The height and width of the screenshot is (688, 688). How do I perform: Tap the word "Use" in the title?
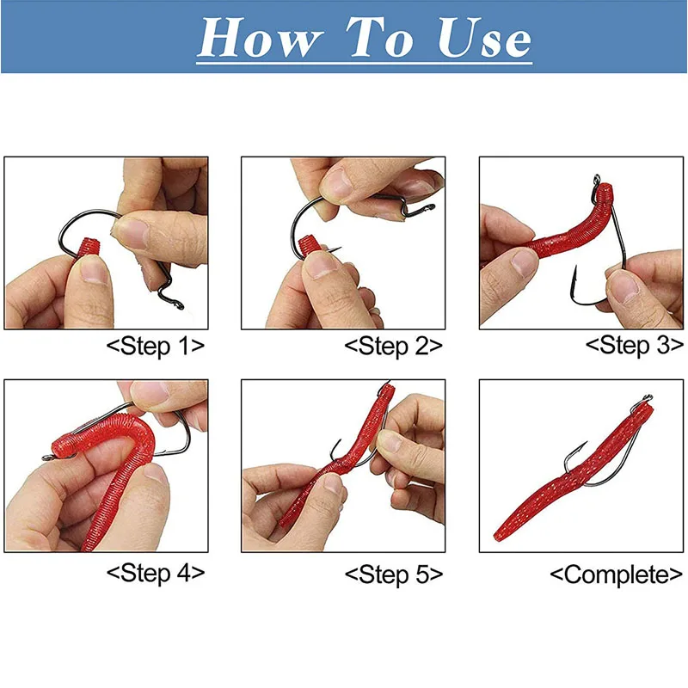tap(484, 38)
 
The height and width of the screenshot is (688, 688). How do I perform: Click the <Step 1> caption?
tap(156, 347)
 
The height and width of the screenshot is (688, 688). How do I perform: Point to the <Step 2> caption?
tap(394, 347)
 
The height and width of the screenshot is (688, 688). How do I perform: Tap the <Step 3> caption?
tap(635, 346)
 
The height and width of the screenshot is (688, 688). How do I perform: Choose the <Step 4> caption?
tap(156, 573)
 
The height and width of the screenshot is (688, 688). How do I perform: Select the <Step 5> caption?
tap(394, 574)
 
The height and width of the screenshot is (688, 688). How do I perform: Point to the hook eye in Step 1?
tap(179, 304)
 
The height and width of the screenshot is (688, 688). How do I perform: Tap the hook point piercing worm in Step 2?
tap(335, 249)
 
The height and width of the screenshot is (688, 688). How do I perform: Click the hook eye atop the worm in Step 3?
tap(597, 180)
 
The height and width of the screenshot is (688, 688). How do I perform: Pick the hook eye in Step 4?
tap(47, 458)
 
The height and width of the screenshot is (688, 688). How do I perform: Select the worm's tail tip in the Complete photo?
tap(497, 536)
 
